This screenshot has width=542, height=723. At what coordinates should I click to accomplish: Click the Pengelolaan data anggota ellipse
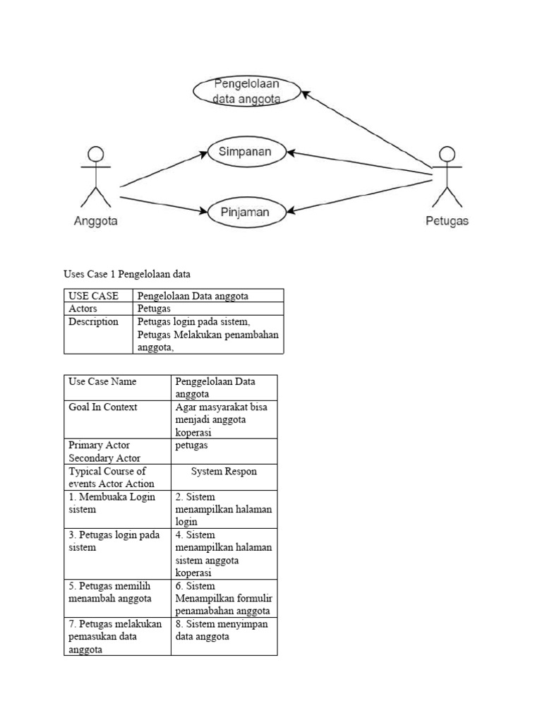tap(247, 91)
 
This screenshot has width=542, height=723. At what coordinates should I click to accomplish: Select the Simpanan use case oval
tap(248, 151)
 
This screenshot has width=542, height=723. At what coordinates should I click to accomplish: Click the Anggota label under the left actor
tap(96, 221)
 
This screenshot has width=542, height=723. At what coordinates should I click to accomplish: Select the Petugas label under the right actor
tap(447, 221)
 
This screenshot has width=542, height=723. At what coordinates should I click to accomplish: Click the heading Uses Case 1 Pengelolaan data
tap(127, 273)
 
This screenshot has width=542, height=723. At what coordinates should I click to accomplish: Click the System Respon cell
tap(224, 471)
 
